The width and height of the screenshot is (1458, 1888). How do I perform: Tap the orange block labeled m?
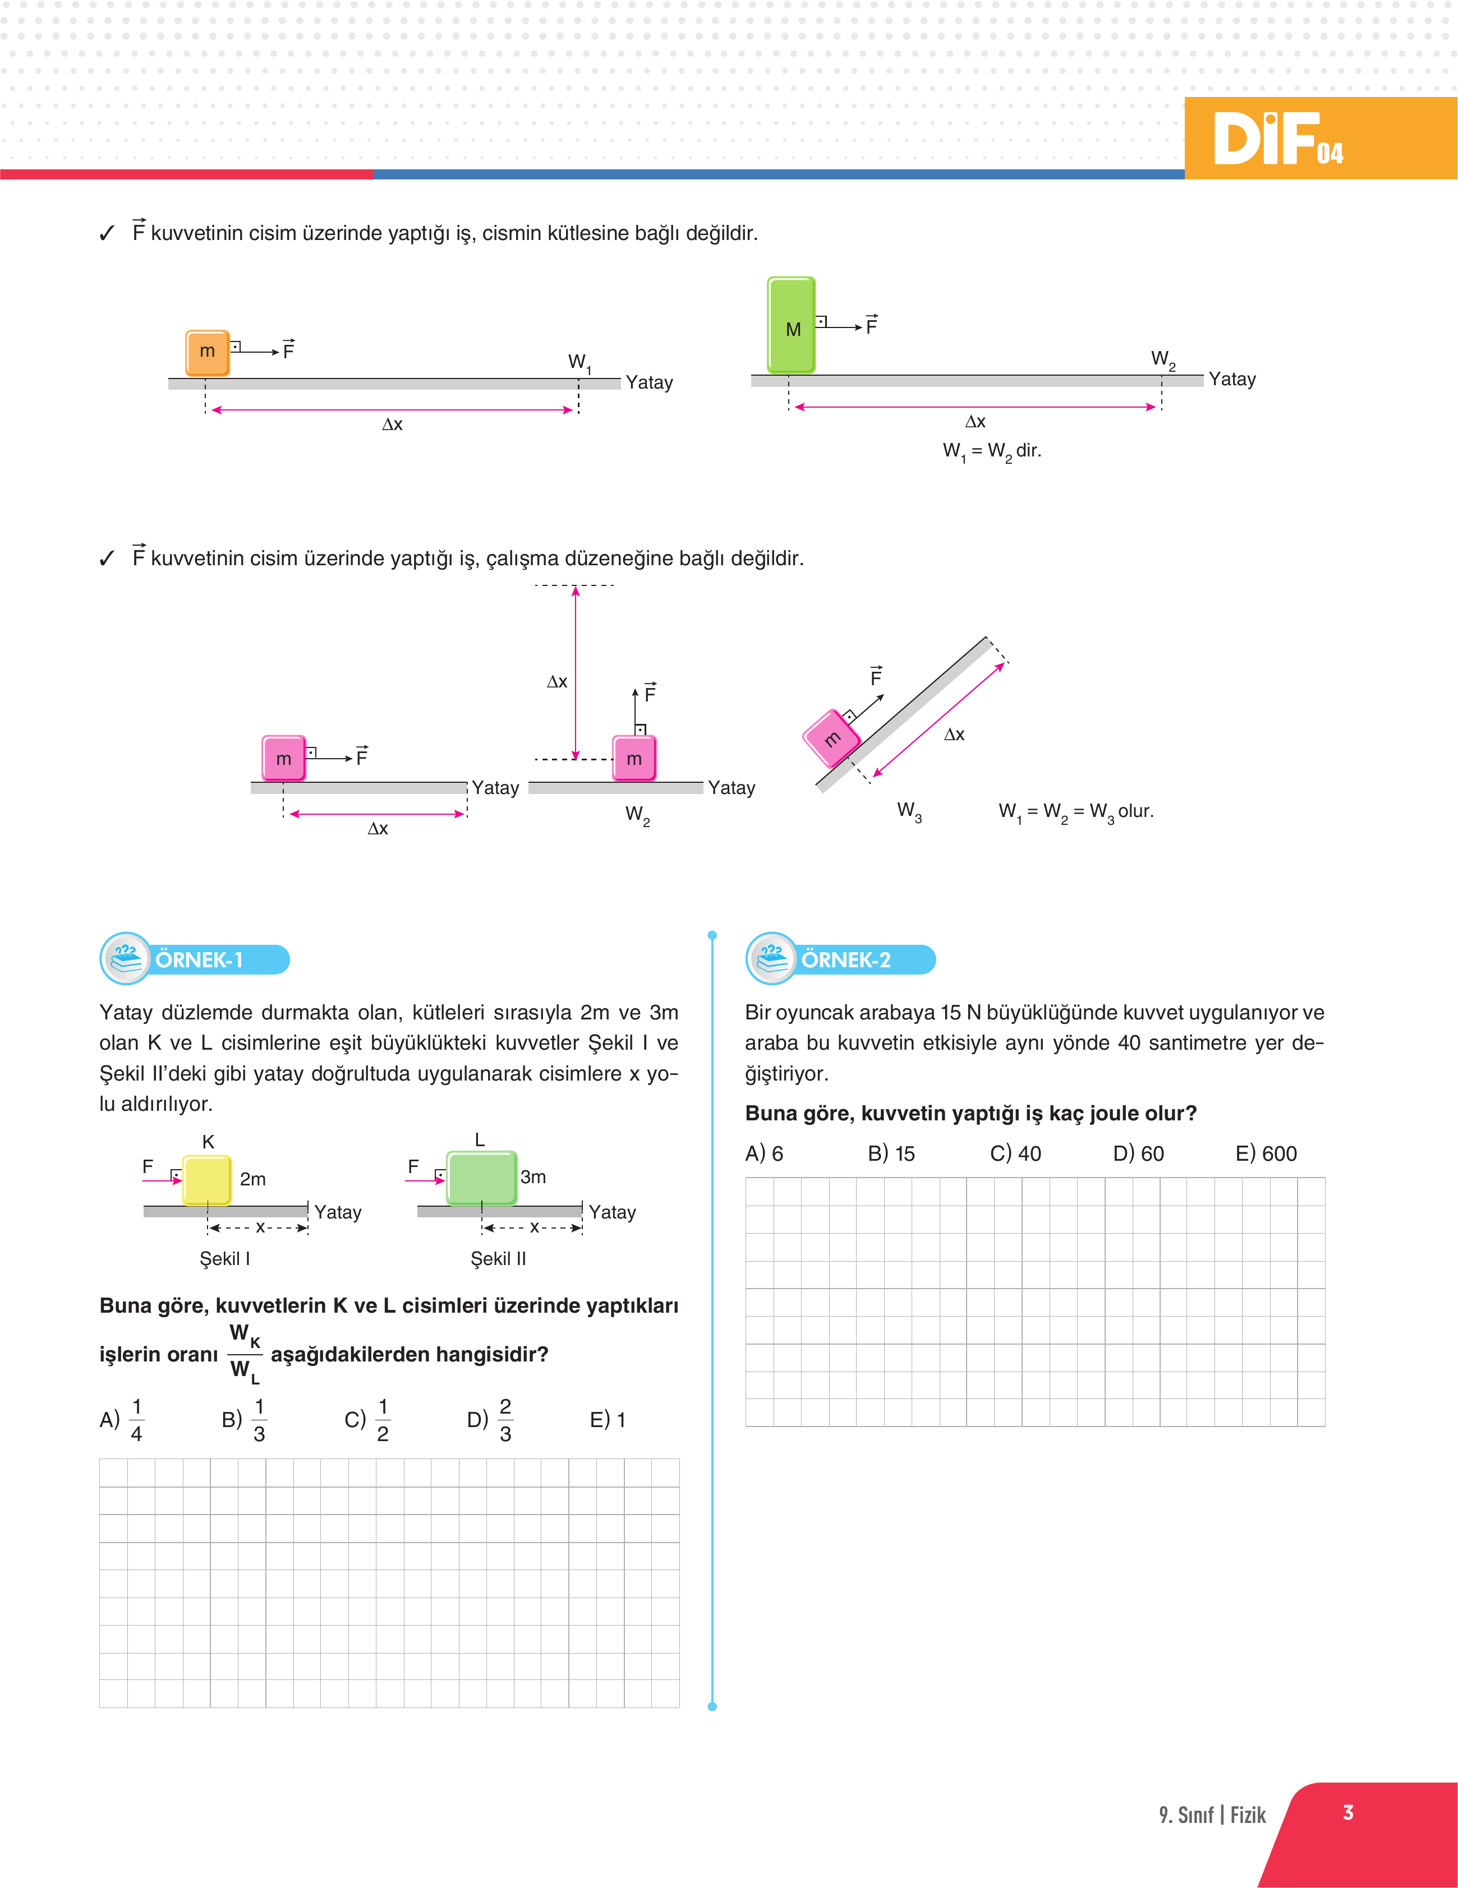208,352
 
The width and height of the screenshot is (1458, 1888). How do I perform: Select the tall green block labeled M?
791,325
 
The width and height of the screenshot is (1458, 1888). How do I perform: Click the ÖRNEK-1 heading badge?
195,959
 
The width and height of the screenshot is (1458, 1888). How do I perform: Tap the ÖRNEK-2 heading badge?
841,959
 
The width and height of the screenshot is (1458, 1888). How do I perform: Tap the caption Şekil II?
498,1259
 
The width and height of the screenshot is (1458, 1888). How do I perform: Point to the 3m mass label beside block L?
533,1176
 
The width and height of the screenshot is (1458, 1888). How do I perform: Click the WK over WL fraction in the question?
245,1353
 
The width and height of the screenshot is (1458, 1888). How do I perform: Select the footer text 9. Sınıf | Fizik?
1212,1815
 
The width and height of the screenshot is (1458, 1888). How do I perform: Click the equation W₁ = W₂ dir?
992,451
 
